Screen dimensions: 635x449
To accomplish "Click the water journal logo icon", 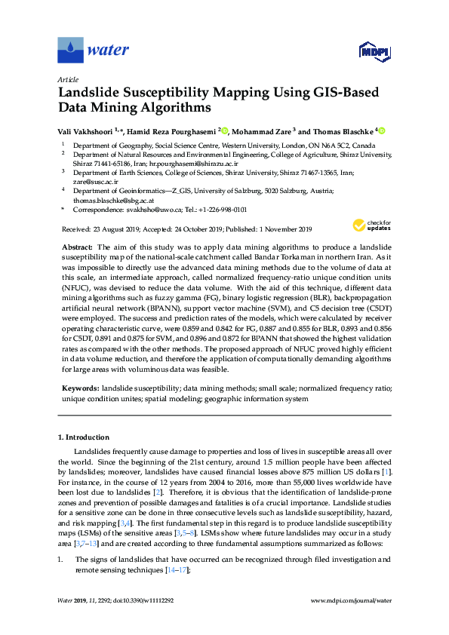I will (x=69, y=51).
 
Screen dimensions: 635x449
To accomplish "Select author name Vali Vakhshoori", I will (x=88, y=130).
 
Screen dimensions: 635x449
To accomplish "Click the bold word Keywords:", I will (x=81, y=387).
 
